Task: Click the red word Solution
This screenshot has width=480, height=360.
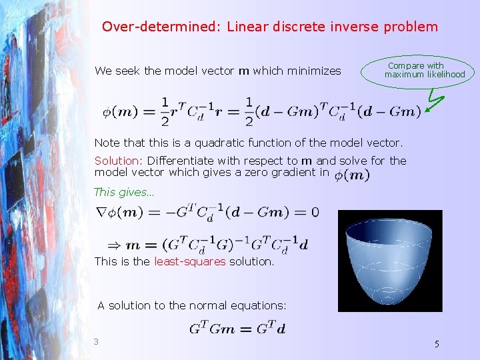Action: [x=117, y=161]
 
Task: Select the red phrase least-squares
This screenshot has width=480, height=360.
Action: [x=190, y=261]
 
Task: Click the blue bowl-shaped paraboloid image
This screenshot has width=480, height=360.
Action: [x=390, y=261]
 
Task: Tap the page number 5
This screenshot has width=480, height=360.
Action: [x=437, y=344]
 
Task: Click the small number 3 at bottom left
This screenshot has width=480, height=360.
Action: [x=96, y=342]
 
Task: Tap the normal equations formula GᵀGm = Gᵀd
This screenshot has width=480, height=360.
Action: [x=238, y=328]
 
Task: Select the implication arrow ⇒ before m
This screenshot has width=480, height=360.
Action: [x=115, y=244]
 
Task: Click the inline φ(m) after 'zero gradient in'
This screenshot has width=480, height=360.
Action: [x=351, y=175]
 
